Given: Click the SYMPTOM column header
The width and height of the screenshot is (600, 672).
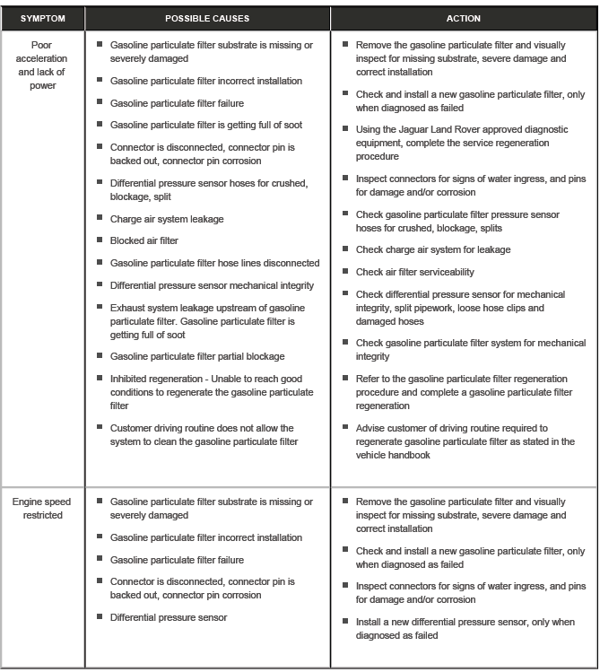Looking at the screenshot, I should [x=42, y=18].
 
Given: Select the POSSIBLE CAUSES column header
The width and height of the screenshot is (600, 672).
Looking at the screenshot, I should [x=207, y=18].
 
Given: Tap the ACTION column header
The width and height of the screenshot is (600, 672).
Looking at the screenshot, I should [x=463, y=18].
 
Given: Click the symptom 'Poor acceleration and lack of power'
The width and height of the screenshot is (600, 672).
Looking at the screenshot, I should [x=43, y=65].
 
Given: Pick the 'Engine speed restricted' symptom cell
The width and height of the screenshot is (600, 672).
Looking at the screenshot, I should [x=43, y=508].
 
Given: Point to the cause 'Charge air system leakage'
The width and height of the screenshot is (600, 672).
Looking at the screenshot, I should [x=167, y=219].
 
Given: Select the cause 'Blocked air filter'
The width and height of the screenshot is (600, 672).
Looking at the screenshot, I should [x=143, y=241].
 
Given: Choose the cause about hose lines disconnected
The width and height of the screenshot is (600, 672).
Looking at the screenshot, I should [x=214, y=264].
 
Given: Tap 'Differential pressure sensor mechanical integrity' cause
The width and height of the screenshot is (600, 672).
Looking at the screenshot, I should [x=212, y=286].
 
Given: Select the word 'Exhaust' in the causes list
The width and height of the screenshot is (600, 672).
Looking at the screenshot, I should [x=128, y=309].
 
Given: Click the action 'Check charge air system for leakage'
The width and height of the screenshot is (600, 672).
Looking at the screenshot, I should [x=433, y=249].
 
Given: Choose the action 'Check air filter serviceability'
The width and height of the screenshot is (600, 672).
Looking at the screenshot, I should [x=415, y=272].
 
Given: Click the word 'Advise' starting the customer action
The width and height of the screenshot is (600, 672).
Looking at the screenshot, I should [x=371, y=428].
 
